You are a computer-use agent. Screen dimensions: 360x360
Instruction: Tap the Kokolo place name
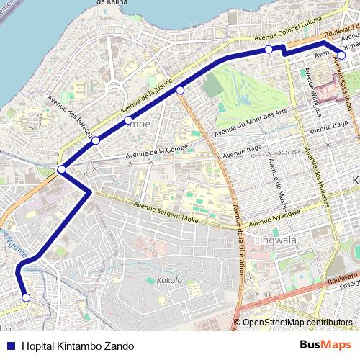click(169, 279)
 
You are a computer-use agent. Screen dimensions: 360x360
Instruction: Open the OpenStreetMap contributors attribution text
click(297, 323)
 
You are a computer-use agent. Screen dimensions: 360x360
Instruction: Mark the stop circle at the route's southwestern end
click(26, 297)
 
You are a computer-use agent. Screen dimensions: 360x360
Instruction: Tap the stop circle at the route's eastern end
click(342, 55)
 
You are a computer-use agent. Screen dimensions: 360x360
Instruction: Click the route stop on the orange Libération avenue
click(180, 89)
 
